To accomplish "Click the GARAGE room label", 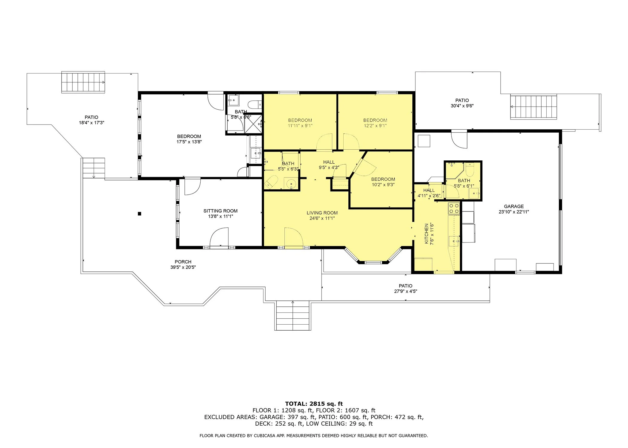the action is click(514, 206).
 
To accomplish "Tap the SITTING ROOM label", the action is click(220, 211).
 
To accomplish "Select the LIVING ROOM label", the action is click(322, 213).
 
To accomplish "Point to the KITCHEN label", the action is click(427, 234).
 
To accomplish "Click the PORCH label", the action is click(183, 262).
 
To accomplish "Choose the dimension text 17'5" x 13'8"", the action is click(189, 142).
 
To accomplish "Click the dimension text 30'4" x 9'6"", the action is click(462, 106).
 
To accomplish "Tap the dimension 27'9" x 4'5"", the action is click(406, 291).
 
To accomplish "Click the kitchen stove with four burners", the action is click(454, 208).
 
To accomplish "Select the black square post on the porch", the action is click(139, 214).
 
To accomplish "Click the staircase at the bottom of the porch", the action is click(293, 315).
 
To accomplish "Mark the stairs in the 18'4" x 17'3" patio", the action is click(83, 82).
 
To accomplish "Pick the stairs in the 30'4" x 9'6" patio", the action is click(534, 107).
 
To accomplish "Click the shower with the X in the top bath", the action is click(253, 124).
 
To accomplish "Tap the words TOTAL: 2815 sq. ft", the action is click(314, 404).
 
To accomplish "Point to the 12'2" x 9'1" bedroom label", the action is click(375, 123).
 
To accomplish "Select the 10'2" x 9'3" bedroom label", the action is click(383, 182).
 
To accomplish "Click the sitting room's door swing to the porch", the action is click(219, 237).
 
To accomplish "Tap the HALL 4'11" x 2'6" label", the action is click(429, 193).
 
